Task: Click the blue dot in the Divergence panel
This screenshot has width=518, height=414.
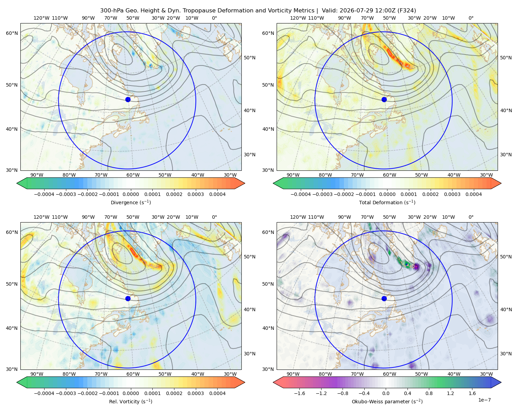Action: click(x=128, y=99)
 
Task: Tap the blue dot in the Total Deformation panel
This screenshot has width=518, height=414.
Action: click(x=384, y=99)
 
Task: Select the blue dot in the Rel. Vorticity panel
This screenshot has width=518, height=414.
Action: click(x=128, y=298)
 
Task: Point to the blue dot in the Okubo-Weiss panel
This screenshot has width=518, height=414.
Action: click(x=384, y=298)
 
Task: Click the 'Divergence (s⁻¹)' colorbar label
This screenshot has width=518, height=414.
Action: click(x=131, y=202)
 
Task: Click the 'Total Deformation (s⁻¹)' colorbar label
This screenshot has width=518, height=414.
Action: click(x=387, y=202)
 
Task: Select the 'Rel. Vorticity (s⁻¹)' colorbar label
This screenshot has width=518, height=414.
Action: click(x=131, y=401)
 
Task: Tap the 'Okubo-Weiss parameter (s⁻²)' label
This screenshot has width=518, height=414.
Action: click(x=387, y=401)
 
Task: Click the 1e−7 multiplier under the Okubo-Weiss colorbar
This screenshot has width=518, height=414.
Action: click(x=484, y=400)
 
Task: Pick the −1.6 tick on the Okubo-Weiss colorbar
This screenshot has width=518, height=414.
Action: click(x=299, y=393)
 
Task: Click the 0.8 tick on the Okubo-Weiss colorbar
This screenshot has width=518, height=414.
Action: click(x=429, y=393)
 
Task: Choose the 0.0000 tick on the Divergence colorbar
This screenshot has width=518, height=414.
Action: click(x=131, y=194)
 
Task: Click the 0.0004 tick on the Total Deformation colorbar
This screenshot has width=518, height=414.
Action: click(x=473, y=194)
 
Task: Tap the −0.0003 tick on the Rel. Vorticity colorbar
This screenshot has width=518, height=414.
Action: click(x=66, y=393)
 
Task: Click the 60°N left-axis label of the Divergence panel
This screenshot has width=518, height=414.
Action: click(x=12, y=33)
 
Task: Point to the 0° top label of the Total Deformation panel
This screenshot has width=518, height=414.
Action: click(x=471, y=18)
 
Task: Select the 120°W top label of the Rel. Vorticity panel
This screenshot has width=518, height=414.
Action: click(x=41, y=217)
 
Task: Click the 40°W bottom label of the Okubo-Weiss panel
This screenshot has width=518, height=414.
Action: click(x=454, y=374)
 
